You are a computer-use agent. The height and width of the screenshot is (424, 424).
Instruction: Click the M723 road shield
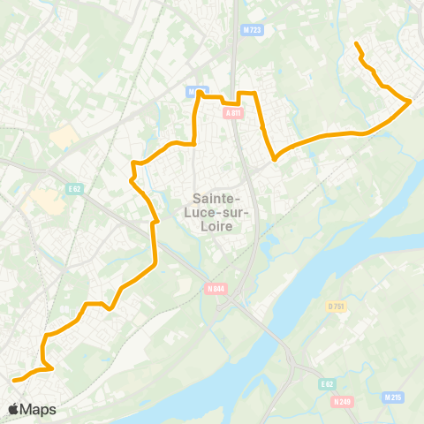[x=252, y=30]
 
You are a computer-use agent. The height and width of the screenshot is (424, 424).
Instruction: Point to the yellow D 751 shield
[x=335, y=307]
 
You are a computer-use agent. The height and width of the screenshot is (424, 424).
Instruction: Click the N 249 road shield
[x=343, y=402]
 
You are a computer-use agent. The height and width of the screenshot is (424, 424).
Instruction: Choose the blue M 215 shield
[x=393, y=397]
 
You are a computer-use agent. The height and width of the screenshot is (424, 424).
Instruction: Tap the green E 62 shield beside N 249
[x=326, y=384]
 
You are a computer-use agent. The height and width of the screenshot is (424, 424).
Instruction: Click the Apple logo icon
[x=14, y=409]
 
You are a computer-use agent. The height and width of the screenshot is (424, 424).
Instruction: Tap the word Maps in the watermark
[x=40, y=409]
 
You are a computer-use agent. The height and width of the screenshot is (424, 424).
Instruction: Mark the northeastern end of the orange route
[x=356, y=44]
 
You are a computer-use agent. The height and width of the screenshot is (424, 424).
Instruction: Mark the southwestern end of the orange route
[x=14, y=380]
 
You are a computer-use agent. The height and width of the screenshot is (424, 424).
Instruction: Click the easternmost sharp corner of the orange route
[x=411, y=102]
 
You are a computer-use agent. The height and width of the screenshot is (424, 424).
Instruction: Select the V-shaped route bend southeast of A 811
[x=275, y=160]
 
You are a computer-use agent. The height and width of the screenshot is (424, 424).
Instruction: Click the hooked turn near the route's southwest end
[x=50, y=367]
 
